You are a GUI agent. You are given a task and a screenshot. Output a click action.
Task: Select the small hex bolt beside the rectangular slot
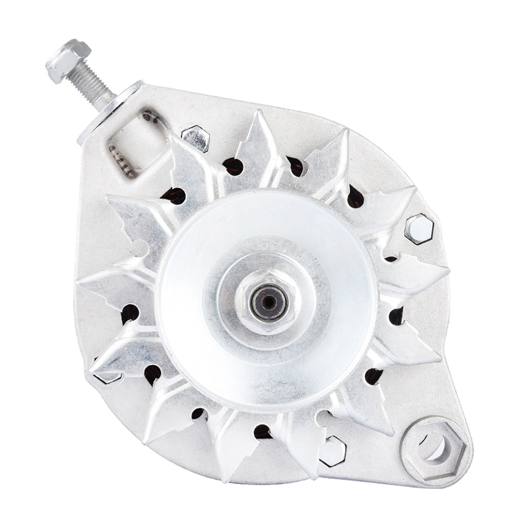[196, 137]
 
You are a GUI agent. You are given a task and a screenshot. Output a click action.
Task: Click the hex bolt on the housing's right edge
[419, 229]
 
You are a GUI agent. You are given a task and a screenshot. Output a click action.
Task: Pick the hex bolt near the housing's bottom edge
[332, 451]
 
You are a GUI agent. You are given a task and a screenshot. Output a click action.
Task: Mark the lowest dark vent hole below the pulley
[262, 432]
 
